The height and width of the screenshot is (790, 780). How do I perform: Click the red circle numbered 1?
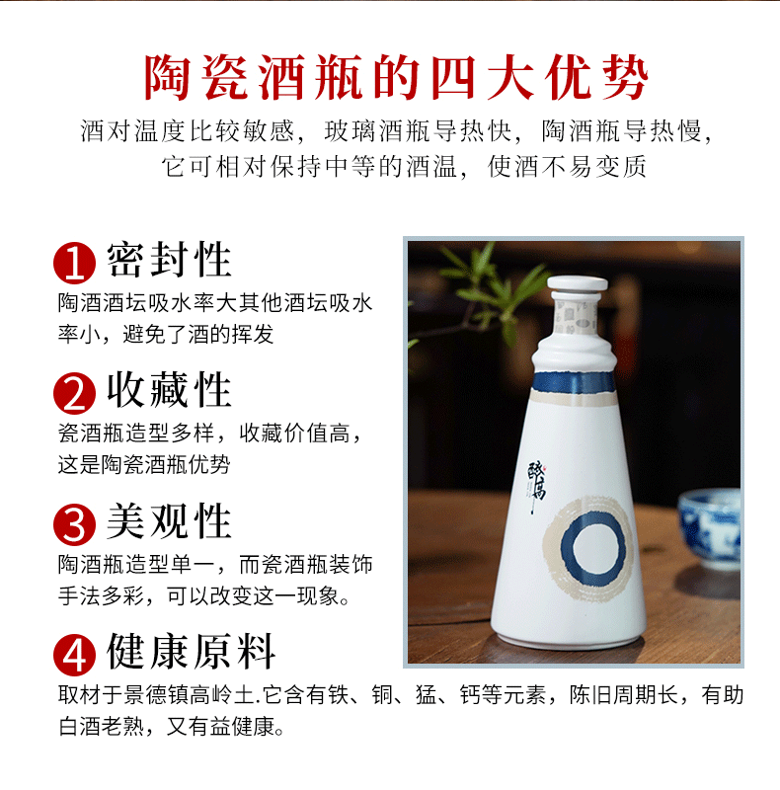pyautogui.click(x=75, y=263)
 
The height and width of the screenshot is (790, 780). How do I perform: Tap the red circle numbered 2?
pyautogui.click(x=75, y=393)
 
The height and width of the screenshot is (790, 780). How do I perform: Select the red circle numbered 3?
pyautogui.click(x=75, y=524)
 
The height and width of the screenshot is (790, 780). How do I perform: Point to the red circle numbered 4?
pyautogui.click(x=75, y=655)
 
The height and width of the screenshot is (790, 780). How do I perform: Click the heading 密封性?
pyautogui.click(x=169, y=260)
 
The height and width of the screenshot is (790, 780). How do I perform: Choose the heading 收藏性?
pyautogui.click(x=169, y=389)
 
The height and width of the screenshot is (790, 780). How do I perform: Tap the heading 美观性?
pyautogui.click(x=169, y=520)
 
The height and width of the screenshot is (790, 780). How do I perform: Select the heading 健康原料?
pyautogui.click(x=191, y=651)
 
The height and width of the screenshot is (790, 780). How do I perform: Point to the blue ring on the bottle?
pyautogui.click(x=562, y=548)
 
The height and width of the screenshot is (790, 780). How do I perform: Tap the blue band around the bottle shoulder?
pyautogui.click(x=574, y=382)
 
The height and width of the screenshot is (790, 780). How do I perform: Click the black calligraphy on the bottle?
pyautogui.click(x=537, y=485)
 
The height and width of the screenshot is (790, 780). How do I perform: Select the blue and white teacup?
pyautogui.click(x=710, y=529)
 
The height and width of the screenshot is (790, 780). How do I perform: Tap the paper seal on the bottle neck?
pyautogui.click(x=575, y=317)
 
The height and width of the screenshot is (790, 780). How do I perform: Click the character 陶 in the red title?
pyautogui.click(x=167, y=77)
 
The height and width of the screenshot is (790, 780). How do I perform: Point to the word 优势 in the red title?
pyautogui.click(x=596, y=77)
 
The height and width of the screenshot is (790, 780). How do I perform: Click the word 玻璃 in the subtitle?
pyautogui.click(x=351, y=131)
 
